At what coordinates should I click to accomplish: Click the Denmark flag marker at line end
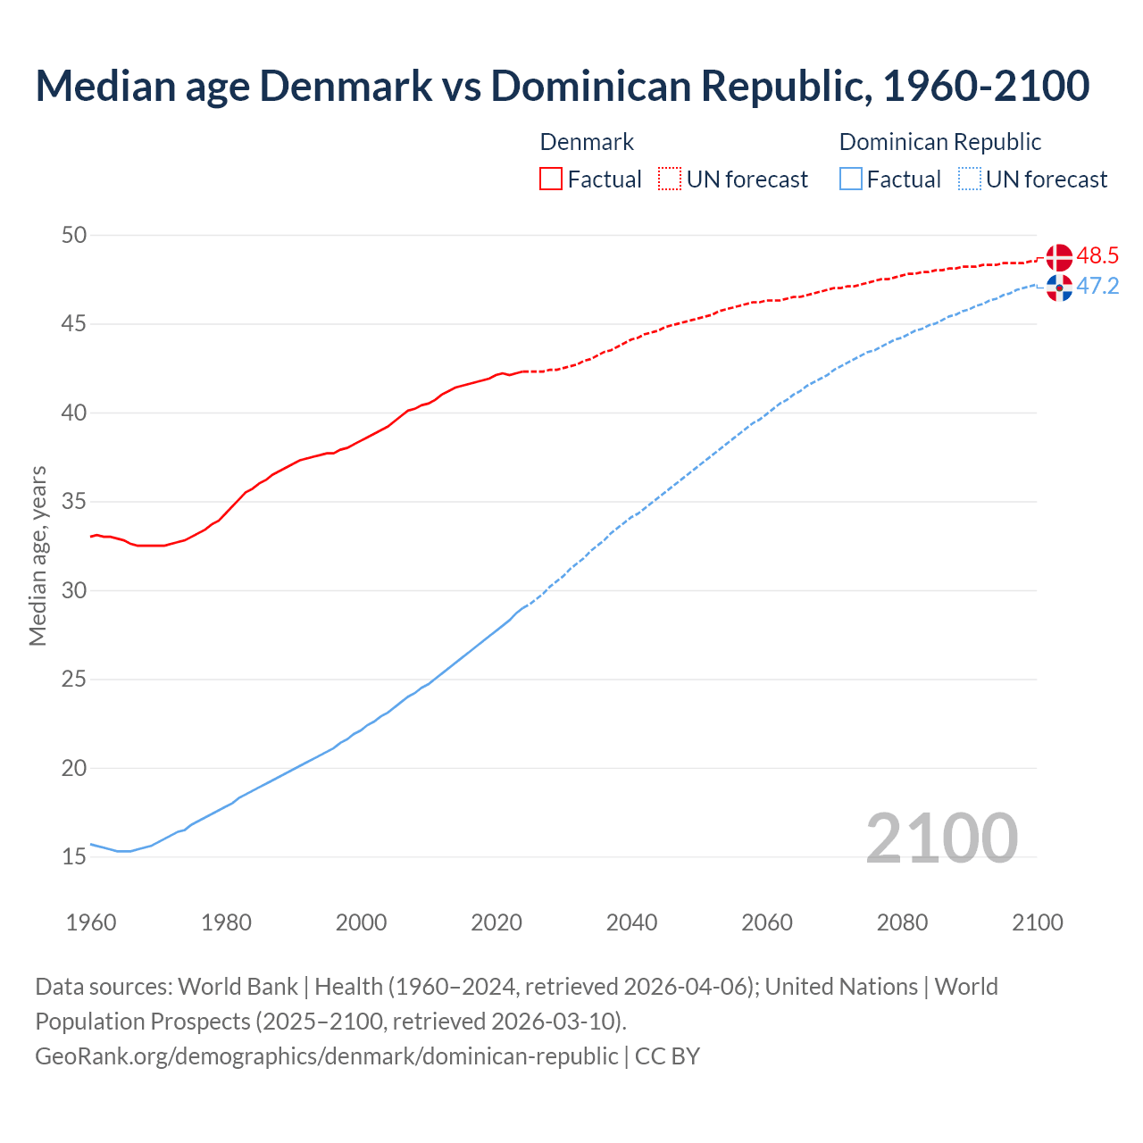point(1059,257)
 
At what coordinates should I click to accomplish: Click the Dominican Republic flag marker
point(1059,288)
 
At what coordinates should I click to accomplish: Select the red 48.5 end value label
point(1097,256)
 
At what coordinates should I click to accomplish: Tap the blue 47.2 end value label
point(1097,287)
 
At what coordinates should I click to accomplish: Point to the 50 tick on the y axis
point(74,236)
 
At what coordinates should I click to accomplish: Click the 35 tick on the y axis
point(74,502)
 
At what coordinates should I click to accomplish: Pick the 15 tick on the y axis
point(74,857)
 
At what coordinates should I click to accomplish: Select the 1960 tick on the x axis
point(91,922)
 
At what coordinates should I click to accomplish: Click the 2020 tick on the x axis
point(496,922)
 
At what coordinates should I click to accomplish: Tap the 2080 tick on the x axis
point(902,922)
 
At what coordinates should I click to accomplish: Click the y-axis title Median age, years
point(38,555)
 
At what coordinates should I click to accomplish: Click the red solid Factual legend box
point(551,179)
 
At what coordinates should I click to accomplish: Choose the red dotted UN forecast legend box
point(670,179)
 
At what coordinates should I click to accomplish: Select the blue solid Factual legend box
point(851,179)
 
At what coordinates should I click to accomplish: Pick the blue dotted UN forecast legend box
point(970,179)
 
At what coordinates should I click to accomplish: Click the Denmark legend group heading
point(587,142)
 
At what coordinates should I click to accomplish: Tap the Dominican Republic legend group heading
point(940,142)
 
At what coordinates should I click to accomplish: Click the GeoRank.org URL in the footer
point(326,1056)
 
